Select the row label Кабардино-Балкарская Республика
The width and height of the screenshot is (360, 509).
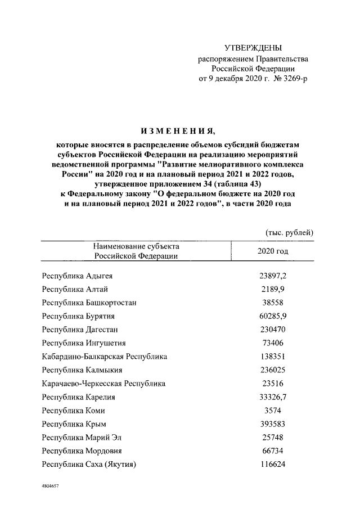pyautogui.click(x=105, y=356)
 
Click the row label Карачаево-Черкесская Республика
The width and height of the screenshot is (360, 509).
pyautogui.click(x=104, y=383)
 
